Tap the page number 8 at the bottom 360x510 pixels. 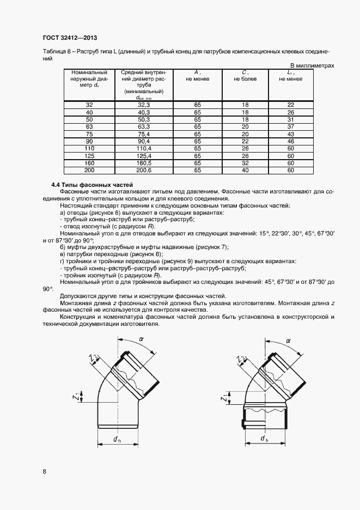pyautogui.click(x=44, y=471)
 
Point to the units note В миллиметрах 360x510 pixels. pyautogui.click(x=314, y=65)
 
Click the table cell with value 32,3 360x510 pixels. pyautogui.click(x=144, y=105)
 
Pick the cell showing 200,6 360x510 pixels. pyautogui.click(x=144, y=170)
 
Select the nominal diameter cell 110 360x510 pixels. pyautogui.click(x=89, y=148)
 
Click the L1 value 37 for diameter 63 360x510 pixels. pyautogui.click(x=290, y=126)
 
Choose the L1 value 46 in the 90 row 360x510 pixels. pyautogui.click(x=290, y=141)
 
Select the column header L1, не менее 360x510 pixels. pyautogui.click(x=290, y=75)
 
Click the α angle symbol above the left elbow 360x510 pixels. pyautogui.click(x=141, y=339)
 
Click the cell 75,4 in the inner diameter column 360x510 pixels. pyautogui.click(x=144, y=134)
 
